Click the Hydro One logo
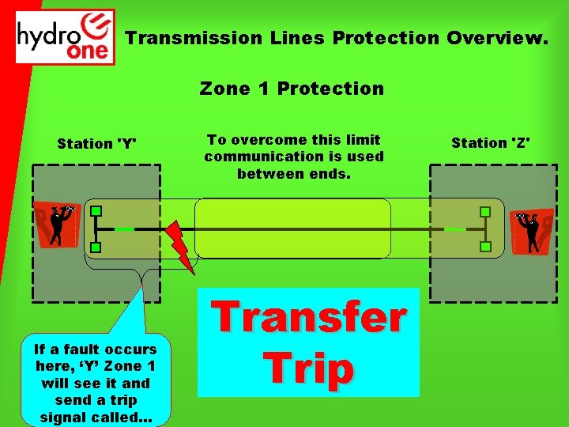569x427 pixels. click(x=66, y=36)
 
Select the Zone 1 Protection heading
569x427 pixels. click(x=292, y=89)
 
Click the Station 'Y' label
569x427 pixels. click(x=96, y=144)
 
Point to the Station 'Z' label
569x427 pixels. click(x=491, y=143)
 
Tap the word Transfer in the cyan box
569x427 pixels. click(x=310, y=318)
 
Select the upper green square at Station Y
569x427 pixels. click(x=95, y=212)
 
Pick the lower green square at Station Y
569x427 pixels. click(x=95, y=248)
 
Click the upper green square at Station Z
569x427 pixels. click(x=485, y=212)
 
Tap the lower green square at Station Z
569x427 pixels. click(x=485, y=248)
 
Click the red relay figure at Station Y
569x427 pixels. click(x=58, y=224)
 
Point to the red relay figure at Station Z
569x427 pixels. click(x=532, y=230)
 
